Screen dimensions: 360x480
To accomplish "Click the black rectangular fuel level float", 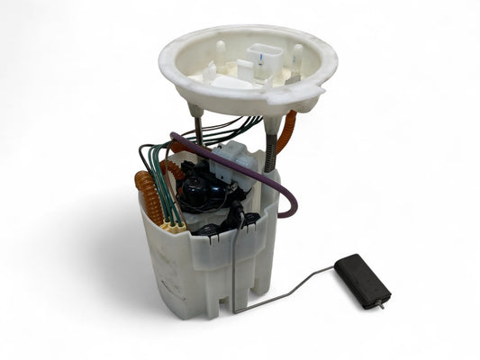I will click(x=362, y=280).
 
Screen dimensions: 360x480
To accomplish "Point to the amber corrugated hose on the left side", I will click(x=149, y=197).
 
